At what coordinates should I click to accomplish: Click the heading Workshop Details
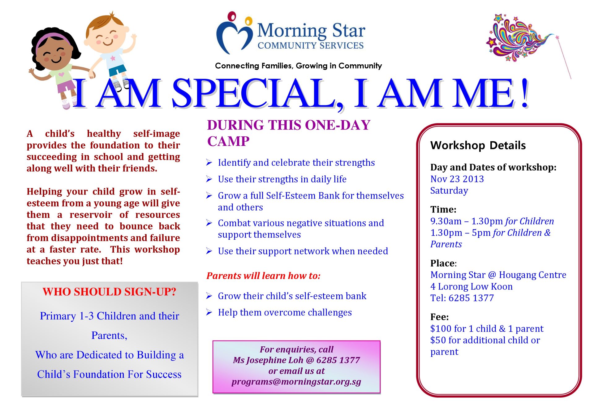pyautogui.click(x=478, y=145)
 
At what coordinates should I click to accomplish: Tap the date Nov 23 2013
pyautogui.click(x=457, y=179)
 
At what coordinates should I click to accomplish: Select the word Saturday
pyautogui.click(x=449, y=191)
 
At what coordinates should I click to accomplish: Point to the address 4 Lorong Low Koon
pyautogui.click(x=471, y=286)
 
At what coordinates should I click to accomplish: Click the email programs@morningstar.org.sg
pyautogui.click(x=296, y=382)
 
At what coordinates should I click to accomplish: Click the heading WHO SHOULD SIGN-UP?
pyautogui.click(x=110, y=292)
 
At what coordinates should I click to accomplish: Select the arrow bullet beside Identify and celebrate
pyautogui.click(x=209, y=163)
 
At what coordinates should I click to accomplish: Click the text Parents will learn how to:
pyautogui.click(x=264, y=276)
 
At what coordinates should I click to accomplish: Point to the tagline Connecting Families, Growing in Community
pyautogui.click(x=299, y=66)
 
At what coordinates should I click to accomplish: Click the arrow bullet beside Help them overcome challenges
pyautogui.click(x=209, y=312)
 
